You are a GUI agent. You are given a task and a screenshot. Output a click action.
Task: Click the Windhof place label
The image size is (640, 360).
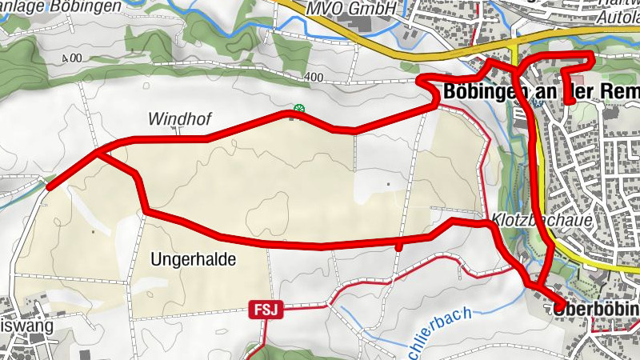(x=179, y=119)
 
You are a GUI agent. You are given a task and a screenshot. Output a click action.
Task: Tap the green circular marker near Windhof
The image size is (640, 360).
(x=299, y=109)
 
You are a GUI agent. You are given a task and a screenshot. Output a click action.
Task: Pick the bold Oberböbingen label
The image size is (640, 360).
(x=596, y=309)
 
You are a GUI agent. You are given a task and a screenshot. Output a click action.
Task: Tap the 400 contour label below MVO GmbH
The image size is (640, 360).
(x=313, y=78)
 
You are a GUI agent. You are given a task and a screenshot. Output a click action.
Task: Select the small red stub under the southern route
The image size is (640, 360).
(x=398, y=247)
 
